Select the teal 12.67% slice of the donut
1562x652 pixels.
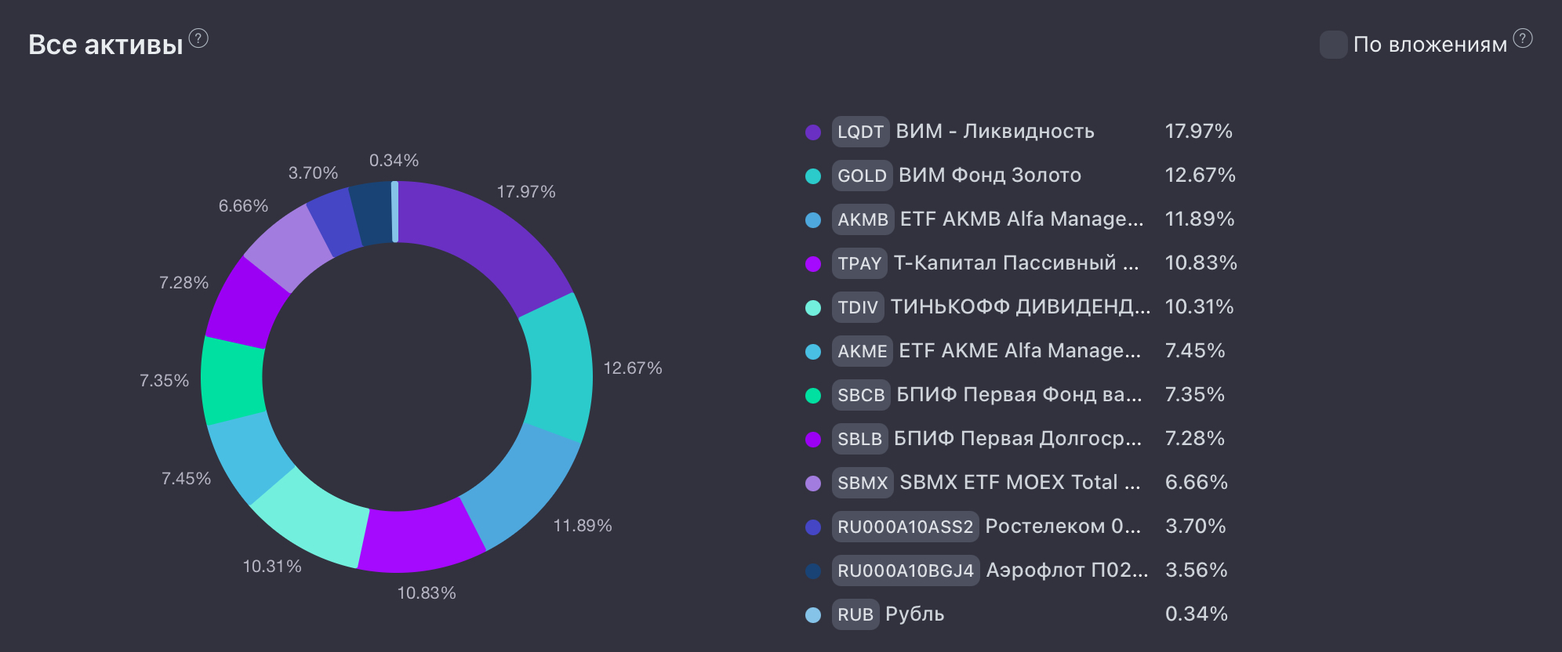558,368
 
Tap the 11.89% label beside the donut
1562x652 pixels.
583,526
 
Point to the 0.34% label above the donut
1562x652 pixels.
394,161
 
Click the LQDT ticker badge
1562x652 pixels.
860,132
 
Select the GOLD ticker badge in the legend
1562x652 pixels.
862,176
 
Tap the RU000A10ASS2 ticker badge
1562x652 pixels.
905,527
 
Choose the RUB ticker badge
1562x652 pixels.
855,614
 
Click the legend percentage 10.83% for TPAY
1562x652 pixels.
1201,263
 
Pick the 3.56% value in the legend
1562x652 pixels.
1196,570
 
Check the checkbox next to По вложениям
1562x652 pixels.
1333,45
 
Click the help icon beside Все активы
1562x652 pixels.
199,38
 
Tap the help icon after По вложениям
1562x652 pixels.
1523,38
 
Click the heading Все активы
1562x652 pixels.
106,45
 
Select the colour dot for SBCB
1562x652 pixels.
813,396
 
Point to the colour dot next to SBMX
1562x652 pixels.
813,484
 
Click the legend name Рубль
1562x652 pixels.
914,614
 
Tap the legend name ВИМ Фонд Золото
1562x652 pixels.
990,176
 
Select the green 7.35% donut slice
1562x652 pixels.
233,379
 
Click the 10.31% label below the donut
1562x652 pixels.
272,567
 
